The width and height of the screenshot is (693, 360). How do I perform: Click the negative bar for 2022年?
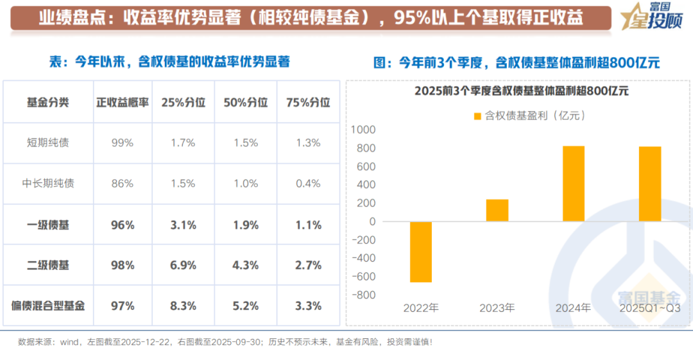point(421,252)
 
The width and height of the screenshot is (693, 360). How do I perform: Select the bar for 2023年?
point(497,210)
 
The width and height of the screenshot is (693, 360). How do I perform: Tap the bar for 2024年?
point(574,184)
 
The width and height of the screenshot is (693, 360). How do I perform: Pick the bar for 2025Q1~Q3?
point(650,184)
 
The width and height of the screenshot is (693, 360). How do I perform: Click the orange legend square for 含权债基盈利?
point(477,116)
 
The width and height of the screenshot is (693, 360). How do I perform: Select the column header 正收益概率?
point(122,102)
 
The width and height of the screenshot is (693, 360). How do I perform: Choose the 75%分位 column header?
point(308,102)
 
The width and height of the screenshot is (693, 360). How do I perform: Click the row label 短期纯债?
point(48,143)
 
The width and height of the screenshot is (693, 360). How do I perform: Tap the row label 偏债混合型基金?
point(48,306)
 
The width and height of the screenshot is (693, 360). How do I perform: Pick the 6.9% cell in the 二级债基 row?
point(184,265)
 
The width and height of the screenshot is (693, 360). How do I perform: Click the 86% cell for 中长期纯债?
point(122,184)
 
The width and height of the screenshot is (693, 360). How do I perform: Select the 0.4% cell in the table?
point(308,184)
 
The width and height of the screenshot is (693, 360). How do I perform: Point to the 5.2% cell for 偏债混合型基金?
point(246,306)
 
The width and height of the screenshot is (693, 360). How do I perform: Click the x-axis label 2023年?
point(497,308)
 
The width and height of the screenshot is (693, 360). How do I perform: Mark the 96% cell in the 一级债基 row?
point(122,225)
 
